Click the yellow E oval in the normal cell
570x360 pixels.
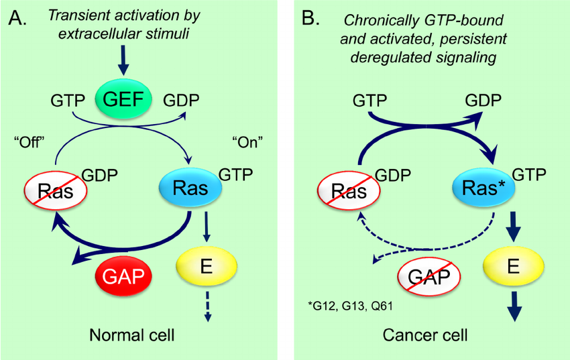click(x=207, y=264)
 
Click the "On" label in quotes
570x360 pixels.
click(x=245, y=142)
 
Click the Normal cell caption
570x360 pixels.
click(x=127, y=333)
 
